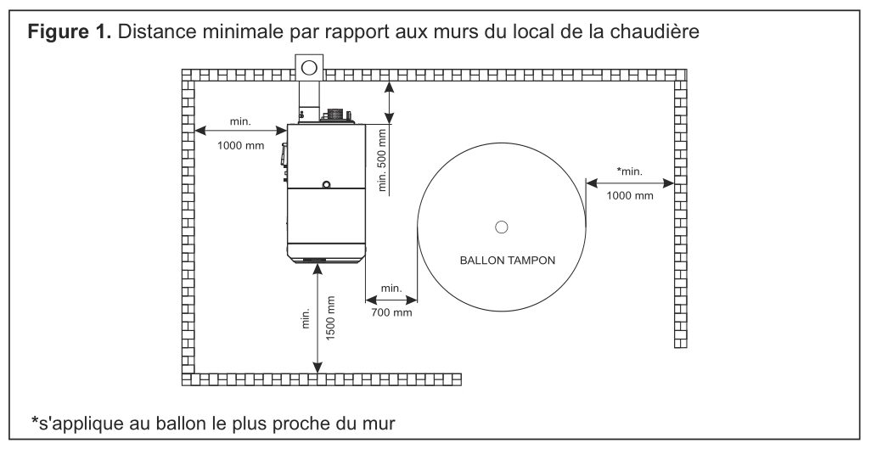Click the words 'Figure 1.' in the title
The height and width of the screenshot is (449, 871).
point(70,31)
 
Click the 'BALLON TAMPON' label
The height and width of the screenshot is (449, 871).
point(507,260)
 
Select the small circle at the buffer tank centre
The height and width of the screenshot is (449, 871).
point(501,227)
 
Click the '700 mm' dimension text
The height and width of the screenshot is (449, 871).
point(391,312)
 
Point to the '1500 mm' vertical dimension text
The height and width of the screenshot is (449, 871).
point(330,317)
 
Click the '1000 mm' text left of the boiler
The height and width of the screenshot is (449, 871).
point(240,146)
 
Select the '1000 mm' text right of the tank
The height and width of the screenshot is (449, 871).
point(629,195)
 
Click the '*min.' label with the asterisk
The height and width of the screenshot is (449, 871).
point(629,171)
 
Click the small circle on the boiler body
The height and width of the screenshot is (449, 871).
point(327,183)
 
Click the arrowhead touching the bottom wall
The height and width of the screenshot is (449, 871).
point(317,368)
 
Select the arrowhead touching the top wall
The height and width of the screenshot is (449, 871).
point(390,87)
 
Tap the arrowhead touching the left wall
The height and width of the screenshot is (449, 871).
point(201,131)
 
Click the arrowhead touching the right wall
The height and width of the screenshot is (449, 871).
point(668,182)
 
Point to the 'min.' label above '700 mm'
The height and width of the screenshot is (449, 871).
point(391,288)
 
